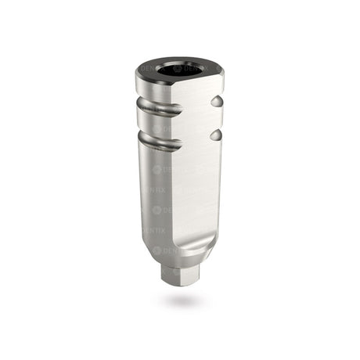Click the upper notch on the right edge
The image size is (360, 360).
[x=216, y=103]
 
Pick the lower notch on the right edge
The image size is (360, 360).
[x=216, y=135]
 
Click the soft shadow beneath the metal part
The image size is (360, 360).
[x=181, y=301]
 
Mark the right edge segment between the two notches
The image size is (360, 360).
[x=217, y=119]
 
